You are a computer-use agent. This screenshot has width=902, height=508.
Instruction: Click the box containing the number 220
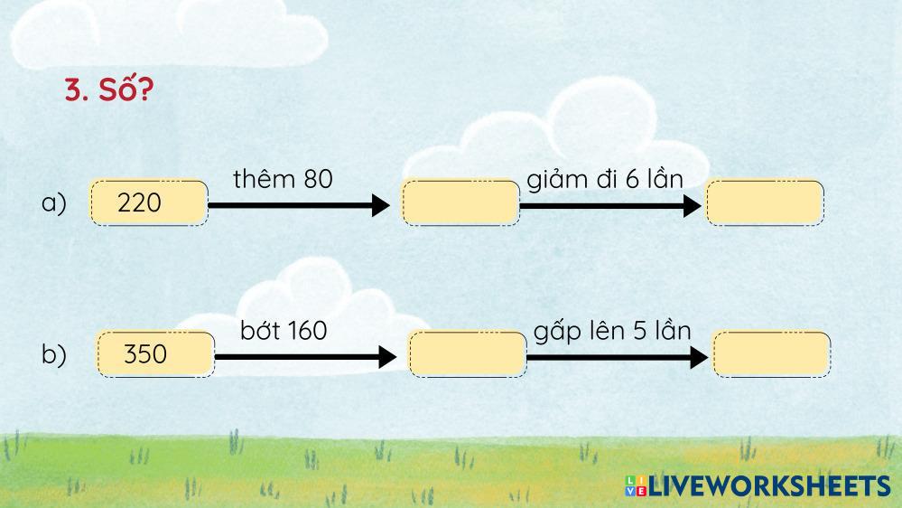tap(149, 202)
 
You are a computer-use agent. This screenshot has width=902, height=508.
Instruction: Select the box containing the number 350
tap(155, 353)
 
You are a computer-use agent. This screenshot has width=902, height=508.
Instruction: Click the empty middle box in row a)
tap(460, 202)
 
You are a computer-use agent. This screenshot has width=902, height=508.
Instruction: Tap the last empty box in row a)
tap(765, 202)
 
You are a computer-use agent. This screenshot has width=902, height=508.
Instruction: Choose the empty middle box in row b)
tap(467, 353)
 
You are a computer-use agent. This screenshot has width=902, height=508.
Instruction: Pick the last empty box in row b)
tap(771, 353)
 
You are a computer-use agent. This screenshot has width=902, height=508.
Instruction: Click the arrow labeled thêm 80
tap(299, 206)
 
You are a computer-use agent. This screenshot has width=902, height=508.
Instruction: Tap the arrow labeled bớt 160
tap(305, 357)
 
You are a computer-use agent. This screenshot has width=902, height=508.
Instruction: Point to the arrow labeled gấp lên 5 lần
tap(617, 357)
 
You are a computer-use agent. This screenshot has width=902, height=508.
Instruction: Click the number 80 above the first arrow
tap(318, 179)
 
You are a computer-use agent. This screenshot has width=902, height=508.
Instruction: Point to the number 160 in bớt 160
tap(303, 331)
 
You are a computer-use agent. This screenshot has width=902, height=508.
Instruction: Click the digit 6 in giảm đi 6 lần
tap(631, 179)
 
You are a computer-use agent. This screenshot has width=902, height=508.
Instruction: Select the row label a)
tap(54, 203)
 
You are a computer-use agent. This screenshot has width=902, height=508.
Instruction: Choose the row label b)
tap(54, 355)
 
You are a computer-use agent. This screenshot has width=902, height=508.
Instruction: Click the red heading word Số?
tap(122, 90)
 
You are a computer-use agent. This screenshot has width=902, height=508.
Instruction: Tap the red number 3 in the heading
tap(72, 91)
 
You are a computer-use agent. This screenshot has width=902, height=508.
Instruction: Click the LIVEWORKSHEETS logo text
tap(768, 485)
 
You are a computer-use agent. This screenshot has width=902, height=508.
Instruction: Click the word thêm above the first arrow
tap(264, 179)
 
